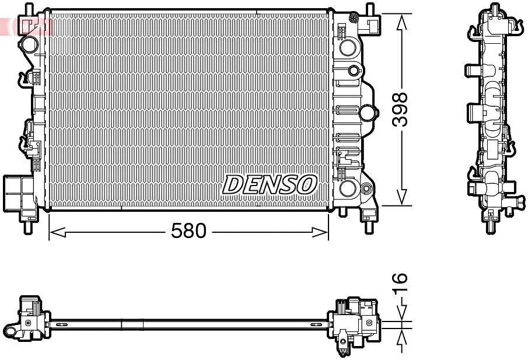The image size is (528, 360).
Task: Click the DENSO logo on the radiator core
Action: point(270,185)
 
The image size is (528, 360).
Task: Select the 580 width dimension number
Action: point(188,232)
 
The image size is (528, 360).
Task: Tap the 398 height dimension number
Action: point(400,109)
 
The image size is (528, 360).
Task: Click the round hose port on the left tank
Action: point(29,44)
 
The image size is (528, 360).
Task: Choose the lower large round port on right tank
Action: point(348,188)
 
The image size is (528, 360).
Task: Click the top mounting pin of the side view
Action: point(495,8)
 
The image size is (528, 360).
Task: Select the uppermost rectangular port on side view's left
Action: point(472,71)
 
